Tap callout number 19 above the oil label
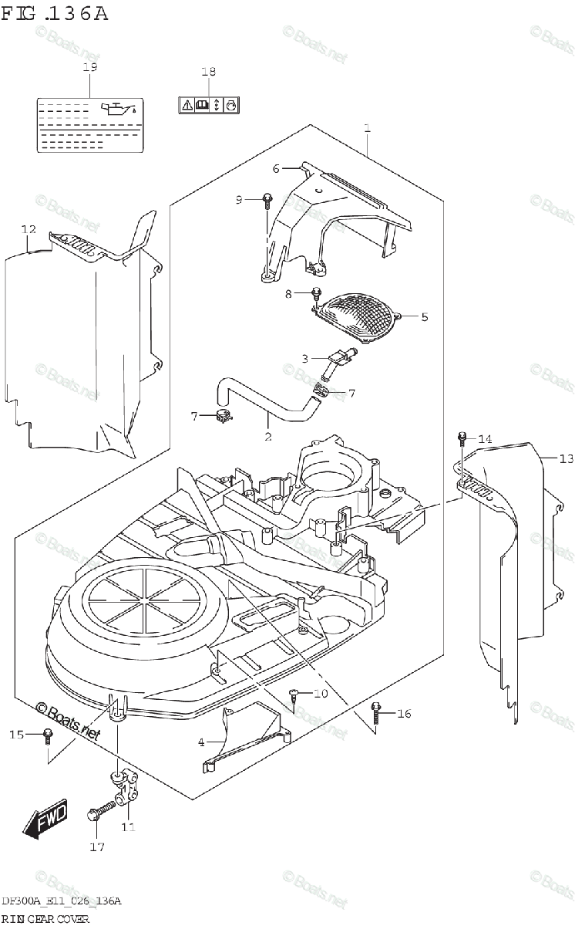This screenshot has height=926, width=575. point(90,67)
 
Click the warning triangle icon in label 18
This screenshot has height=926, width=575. point(187,104)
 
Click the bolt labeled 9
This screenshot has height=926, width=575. point(266,200)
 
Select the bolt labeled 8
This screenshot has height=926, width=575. point(316,294)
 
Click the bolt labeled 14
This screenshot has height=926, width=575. point(462,438)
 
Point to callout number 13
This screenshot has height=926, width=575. point(567,459)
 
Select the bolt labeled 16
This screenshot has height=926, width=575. point(377,711)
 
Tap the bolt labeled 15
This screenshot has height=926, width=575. point(47,735)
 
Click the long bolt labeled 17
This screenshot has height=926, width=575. point(99,809)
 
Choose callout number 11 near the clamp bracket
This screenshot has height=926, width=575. point(128,828)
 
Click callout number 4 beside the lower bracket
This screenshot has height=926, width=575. point(201,742)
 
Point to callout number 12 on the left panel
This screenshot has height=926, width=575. point(29,229)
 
